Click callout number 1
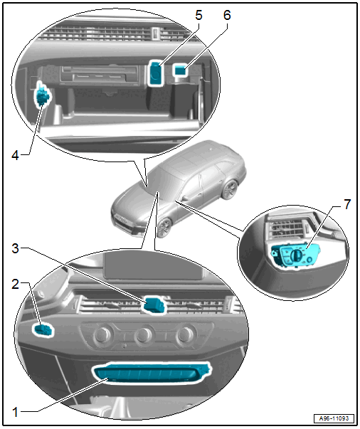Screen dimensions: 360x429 coord(16,412)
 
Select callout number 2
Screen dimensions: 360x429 coord(16,285)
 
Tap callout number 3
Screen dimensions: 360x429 coord(16,249)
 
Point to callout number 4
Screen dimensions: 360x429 coord(16,155)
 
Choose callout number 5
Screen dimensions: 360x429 coord(199,15)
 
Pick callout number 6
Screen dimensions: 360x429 coord(227,15)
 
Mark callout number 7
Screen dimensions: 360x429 coord(347,204)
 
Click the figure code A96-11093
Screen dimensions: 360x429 coord(334,418)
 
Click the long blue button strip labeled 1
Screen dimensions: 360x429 coord(152,373)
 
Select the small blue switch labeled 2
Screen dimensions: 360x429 coord(43,329)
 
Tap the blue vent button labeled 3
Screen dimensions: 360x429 coord(154,304)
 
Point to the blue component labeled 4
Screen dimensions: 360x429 coord(42,95)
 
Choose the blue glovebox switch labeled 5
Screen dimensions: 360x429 coord(155,73)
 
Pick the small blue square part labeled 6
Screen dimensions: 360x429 coord(180,70)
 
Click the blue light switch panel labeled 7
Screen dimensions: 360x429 coord(295,255)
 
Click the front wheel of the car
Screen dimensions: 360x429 coord(164,228)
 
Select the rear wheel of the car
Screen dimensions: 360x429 coord(230,189)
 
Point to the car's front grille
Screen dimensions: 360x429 coord(122,221)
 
